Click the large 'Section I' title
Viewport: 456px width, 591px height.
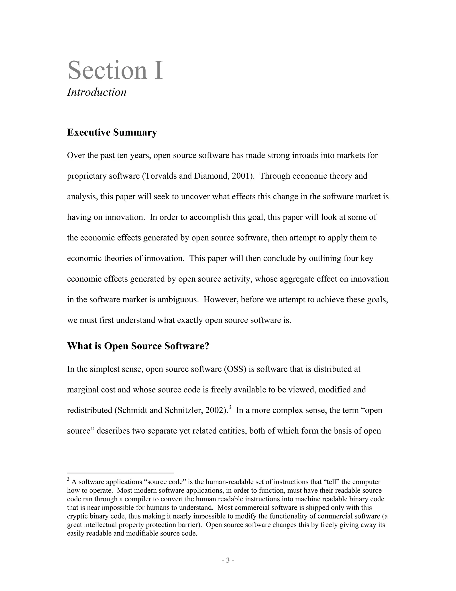(115, 70)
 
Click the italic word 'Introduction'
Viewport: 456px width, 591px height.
(97, 92)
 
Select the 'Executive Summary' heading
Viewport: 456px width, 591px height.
(112, 132)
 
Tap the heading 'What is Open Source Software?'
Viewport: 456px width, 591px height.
(138, 346)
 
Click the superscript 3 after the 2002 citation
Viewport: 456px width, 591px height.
(230, 407)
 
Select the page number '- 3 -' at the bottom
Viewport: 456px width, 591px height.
(228, 560)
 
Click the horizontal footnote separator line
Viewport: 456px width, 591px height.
(120, 473)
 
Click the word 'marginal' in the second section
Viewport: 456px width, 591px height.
(83, 390)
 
